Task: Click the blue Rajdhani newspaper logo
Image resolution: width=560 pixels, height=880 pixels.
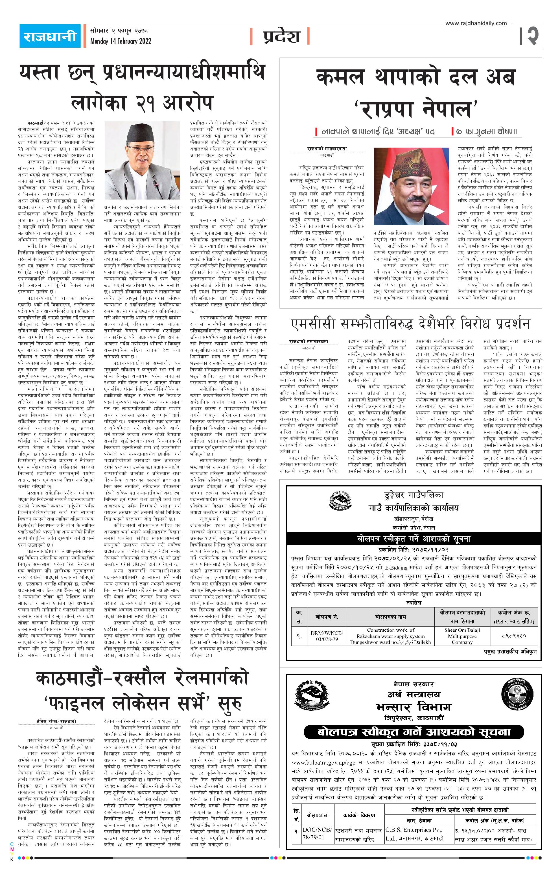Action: click(50, 36)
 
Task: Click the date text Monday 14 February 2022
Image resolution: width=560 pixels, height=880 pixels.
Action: click(121, 41)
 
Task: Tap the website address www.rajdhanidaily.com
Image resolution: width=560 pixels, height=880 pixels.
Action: click(476, 23)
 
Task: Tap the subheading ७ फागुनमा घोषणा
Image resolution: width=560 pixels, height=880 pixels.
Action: click(486, 132)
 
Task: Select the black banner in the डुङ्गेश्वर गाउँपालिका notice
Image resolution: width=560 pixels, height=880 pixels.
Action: click(414, 539)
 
